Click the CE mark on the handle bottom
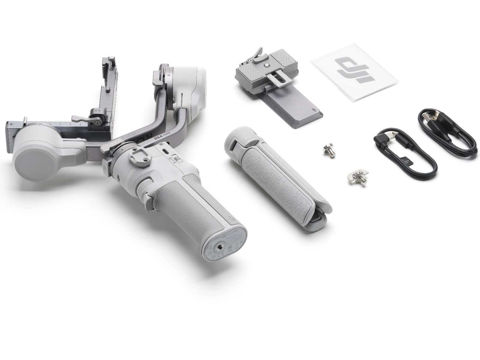point(218,255)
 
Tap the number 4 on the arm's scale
point(80,123)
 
